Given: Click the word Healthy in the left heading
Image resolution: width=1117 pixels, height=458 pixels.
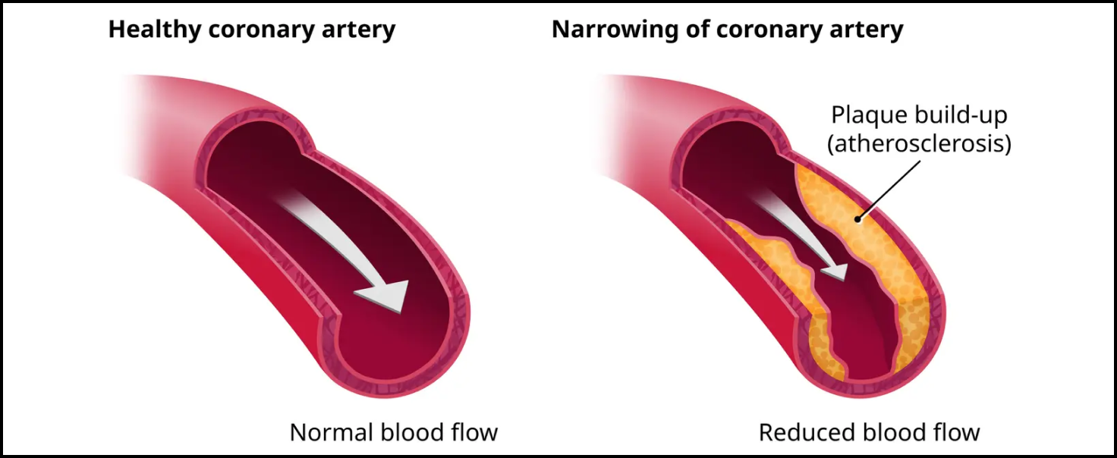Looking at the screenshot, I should coord(153,30).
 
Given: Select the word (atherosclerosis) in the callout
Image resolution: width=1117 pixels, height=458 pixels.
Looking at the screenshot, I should coord(918,143).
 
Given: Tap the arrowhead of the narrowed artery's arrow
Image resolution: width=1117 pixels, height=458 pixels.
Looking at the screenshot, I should coord(834,270).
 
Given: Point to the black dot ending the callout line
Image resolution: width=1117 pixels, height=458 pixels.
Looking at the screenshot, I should coord(857,219).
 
